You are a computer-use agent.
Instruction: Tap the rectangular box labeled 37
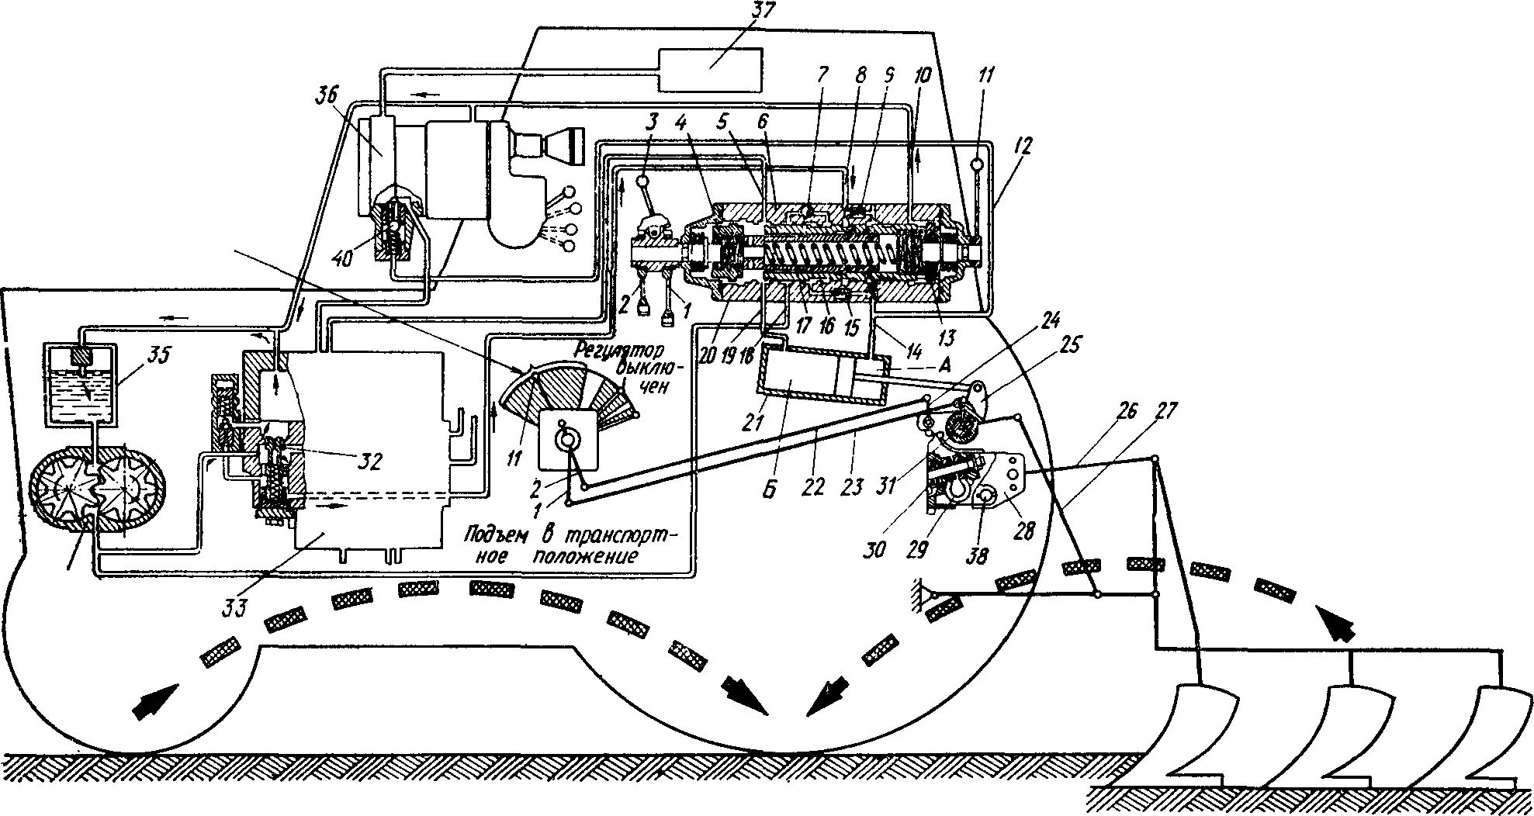pos(709,61)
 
